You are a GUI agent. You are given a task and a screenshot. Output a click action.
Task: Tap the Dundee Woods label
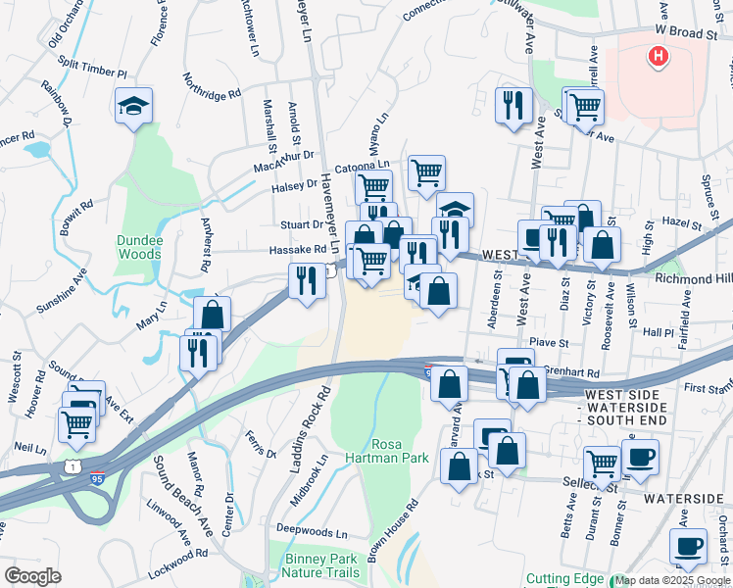click(x=138, y=246)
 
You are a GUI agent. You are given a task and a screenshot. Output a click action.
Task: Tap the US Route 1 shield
click(x=73, y=466)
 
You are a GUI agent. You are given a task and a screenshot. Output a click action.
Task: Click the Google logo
click(x=32, y=576)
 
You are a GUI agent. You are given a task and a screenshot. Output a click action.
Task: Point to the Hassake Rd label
click(x=298, y=250)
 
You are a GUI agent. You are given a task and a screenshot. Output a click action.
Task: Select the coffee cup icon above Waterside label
click(x=640, y=457)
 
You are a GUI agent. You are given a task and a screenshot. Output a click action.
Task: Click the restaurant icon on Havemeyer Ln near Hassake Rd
click(x=308, y=281)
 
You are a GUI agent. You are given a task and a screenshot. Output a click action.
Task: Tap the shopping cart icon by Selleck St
click(x=603, y=465)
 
